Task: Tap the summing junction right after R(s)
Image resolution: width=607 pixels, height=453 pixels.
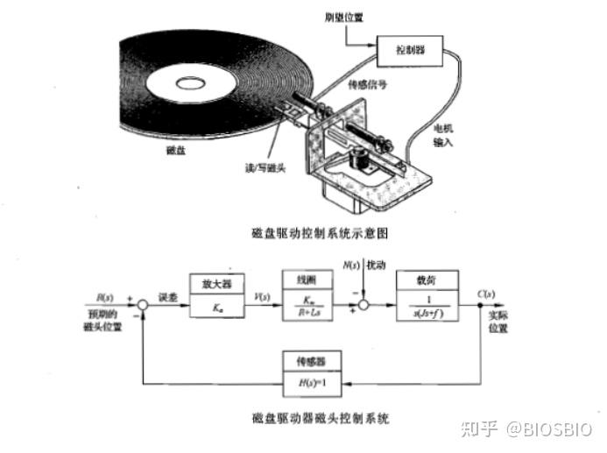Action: coord(141,306)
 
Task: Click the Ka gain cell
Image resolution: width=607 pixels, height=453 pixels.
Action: coord(215,309)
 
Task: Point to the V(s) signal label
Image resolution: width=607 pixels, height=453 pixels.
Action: coord(260,295)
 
